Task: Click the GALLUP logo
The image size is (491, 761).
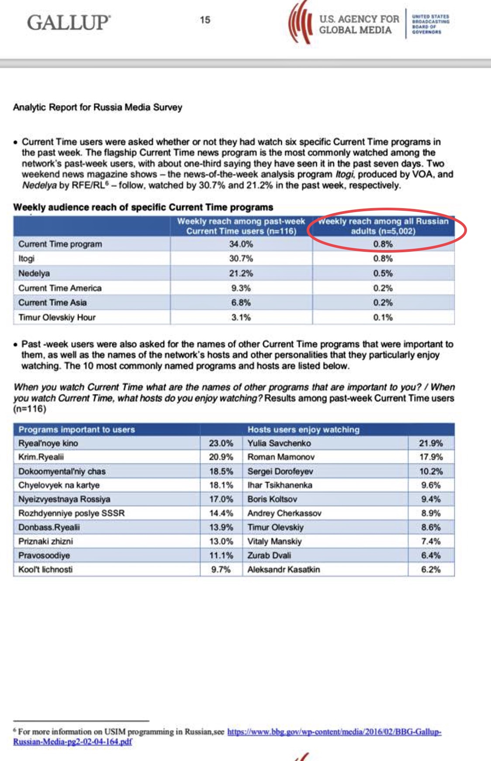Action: click(x=69, y=22)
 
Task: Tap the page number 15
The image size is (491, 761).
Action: click(x=205, y=20)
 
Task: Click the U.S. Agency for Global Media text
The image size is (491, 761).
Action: click(x=359, y=25)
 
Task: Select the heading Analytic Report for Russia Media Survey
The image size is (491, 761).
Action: click(x=97, y=107)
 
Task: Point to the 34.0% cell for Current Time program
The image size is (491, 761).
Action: click(x=241, y=244)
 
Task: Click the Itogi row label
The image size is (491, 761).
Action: click(x=26, y=259)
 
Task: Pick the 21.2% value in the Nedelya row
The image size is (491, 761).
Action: click(x=241, y=274)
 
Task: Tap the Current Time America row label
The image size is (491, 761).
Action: click(x=60, y=288)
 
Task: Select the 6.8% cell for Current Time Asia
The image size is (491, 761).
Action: click(x=241, y=303)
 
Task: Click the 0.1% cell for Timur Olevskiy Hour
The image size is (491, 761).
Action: click(x=383, y=318)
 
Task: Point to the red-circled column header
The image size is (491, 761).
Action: click(x=383, y=226)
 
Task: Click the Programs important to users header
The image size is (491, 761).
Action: click(x=76, y=430)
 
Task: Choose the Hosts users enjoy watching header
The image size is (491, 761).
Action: click(x=303, y=430)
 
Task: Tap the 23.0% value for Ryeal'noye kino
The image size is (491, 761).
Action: click(x=221, y=443)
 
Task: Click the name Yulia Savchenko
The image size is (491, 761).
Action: click(x=279, y=443)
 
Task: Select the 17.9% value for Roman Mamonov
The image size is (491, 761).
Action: click(x=431, y=457)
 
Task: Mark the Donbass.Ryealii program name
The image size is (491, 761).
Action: click(x=49, y=528)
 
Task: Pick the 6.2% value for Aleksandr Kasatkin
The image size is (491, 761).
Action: click(x=431, y=569)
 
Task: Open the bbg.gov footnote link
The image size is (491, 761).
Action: click(x=334, y=732)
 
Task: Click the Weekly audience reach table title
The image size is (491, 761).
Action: click(x=143, y=207)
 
